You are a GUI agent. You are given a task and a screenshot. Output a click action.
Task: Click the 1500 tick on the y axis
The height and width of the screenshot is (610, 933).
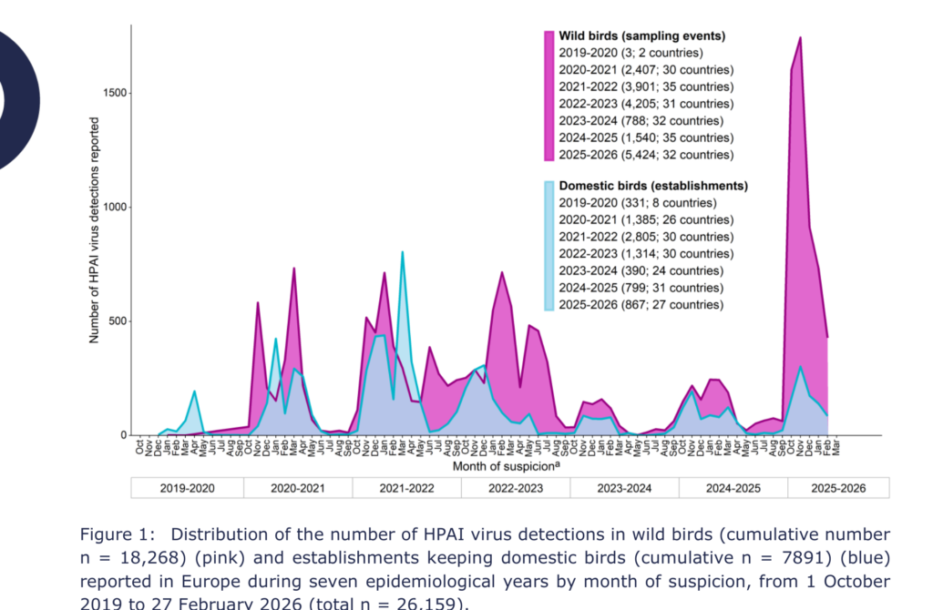(x=115, y=94)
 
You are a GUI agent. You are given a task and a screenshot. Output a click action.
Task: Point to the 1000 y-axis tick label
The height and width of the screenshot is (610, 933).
(x=115, y=208)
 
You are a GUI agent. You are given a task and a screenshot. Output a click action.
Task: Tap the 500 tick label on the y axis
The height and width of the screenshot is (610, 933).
(x=118, y=321)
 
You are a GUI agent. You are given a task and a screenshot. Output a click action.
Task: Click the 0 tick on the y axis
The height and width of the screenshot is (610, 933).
(x=124, y=435)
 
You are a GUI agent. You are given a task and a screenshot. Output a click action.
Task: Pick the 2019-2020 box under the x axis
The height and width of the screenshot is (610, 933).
(x=188, y=489)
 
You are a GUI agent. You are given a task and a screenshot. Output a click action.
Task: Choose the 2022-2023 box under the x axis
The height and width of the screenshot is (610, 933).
(x=516, y=489)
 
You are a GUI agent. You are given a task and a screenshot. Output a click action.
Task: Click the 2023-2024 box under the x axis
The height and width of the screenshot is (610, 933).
(x=625, y=489)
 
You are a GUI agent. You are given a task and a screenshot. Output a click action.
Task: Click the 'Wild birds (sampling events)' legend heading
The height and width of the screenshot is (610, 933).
(x=641, y=36)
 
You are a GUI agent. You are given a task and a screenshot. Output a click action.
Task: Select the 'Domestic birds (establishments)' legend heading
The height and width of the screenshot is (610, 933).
(x=652, y=186)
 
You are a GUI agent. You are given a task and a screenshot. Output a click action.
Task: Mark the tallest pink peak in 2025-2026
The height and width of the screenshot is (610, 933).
(x=800, y=38)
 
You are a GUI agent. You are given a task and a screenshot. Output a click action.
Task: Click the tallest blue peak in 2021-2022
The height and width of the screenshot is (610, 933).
(x=402, y=252)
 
